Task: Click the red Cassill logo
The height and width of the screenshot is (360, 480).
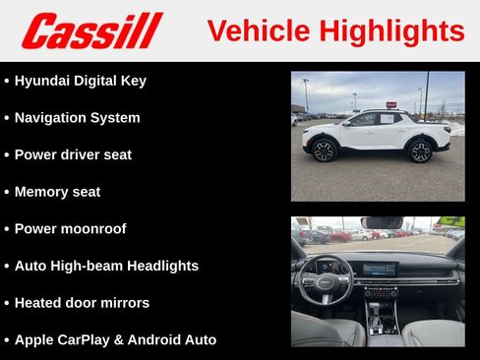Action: (x=91, y=30)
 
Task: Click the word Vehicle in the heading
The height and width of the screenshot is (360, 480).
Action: (x=259, y=30)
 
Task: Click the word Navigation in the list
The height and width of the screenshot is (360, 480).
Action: (x=52, y=118)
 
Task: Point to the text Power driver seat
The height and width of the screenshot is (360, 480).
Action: (x=73, y=154)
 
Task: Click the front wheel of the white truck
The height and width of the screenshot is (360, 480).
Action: (x=324, y=150)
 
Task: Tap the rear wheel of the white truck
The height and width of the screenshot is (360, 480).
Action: (x=420, y=150)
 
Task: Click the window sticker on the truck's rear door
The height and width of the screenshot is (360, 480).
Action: (x=387, y=119)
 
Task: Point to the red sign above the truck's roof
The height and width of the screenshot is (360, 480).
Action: (x=391, y=104)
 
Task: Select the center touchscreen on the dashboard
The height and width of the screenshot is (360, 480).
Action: (x=380, y=269)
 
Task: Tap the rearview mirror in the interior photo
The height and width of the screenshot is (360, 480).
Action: (x=382, y=222)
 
